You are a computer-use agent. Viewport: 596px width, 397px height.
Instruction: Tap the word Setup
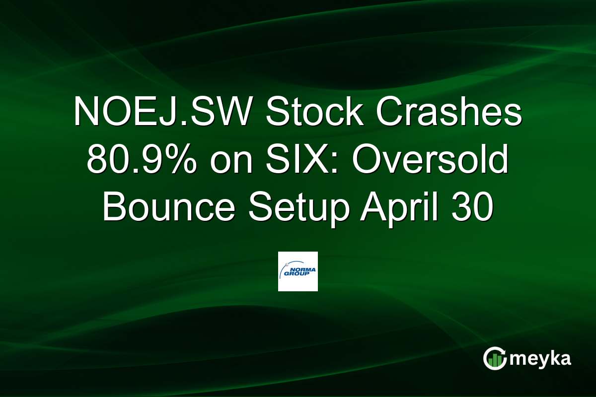[298, 208]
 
